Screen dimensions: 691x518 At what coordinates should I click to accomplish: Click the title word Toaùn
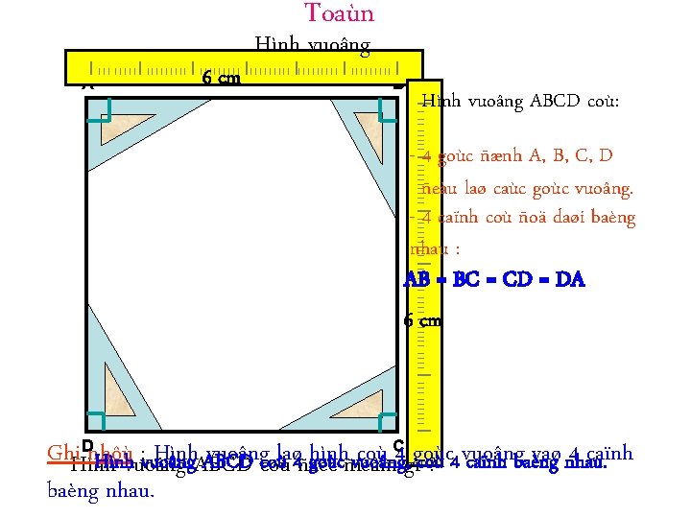[339, 13]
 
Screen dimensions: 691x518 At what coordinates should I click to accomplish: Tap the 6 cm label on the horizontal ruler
[221, 79]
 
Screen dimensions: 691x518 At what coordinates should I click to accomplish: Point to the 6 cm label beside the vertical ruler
[422, 320]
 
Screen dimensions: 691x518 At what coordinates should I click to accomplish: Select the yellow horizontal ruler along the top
[244, 67]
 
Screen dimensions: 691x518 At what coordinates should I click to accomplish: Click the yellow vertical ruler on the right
[426, 259]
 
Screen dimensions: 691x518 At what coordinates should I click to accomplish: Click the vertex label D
[87, 445]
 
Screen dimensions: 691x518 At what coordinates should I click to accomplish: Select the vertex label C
[398, 445]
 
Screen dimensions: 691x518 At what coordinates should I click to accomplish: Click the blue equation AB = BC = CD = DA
[494, 280]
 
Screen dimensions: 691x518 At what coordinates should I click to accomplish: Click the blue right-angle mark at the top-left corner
[99, 120]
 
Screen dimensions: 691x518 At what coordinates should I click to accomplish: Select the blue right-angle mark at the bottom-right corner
[386, 421]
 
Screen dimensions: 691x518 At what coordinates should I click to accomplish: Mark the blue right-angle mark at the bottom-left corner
[97, 421]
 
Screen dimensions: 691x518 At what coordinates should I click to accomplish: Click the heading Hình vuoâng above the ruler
[312, 44]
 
